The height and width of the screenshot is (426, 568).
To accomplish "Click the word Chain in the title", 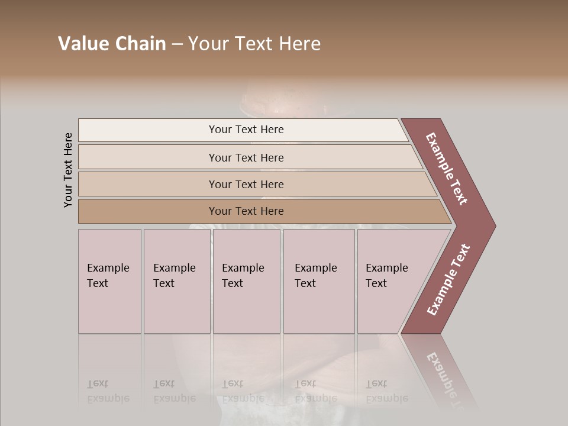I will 139,44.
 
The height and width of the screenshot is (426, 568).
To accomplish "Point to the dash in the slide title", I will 177,44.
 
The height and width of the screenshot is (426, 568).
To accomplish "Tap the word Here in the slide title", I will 298,44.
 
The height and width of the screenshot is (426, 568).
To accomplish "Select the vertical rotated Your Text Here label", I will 68,170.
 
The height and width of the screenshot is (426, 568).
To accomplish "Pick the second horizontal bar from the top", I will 246,157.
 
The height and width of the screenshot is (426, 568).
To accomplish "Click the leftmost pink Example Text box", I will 109,281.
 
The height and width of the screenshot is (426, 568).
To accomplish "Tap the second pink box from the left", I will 177,281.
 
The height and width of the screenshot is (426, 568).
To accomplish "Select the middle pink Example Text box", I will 246,281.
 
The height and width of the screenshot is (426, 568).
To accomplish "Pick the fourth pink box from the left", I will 319,281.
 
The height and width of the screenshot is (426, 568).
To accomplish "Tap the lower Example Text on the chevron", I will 448,280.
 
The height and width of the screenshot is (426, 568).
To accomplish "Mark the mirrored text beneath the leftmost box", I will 108,391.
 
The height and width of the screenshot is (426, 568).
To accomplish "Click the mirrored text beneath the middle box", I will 243,391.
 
